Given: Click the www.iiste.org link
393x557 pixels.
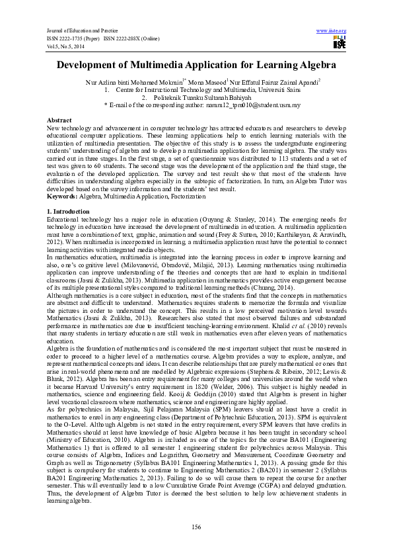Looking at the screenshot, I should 332,31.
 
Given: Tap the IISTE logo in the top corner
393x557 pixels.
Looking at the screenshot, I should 339,43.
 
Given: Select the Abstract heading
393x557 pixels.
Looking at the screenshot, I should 59,120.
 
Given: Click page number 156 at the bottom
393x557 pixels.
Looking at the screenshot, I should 196,526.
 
